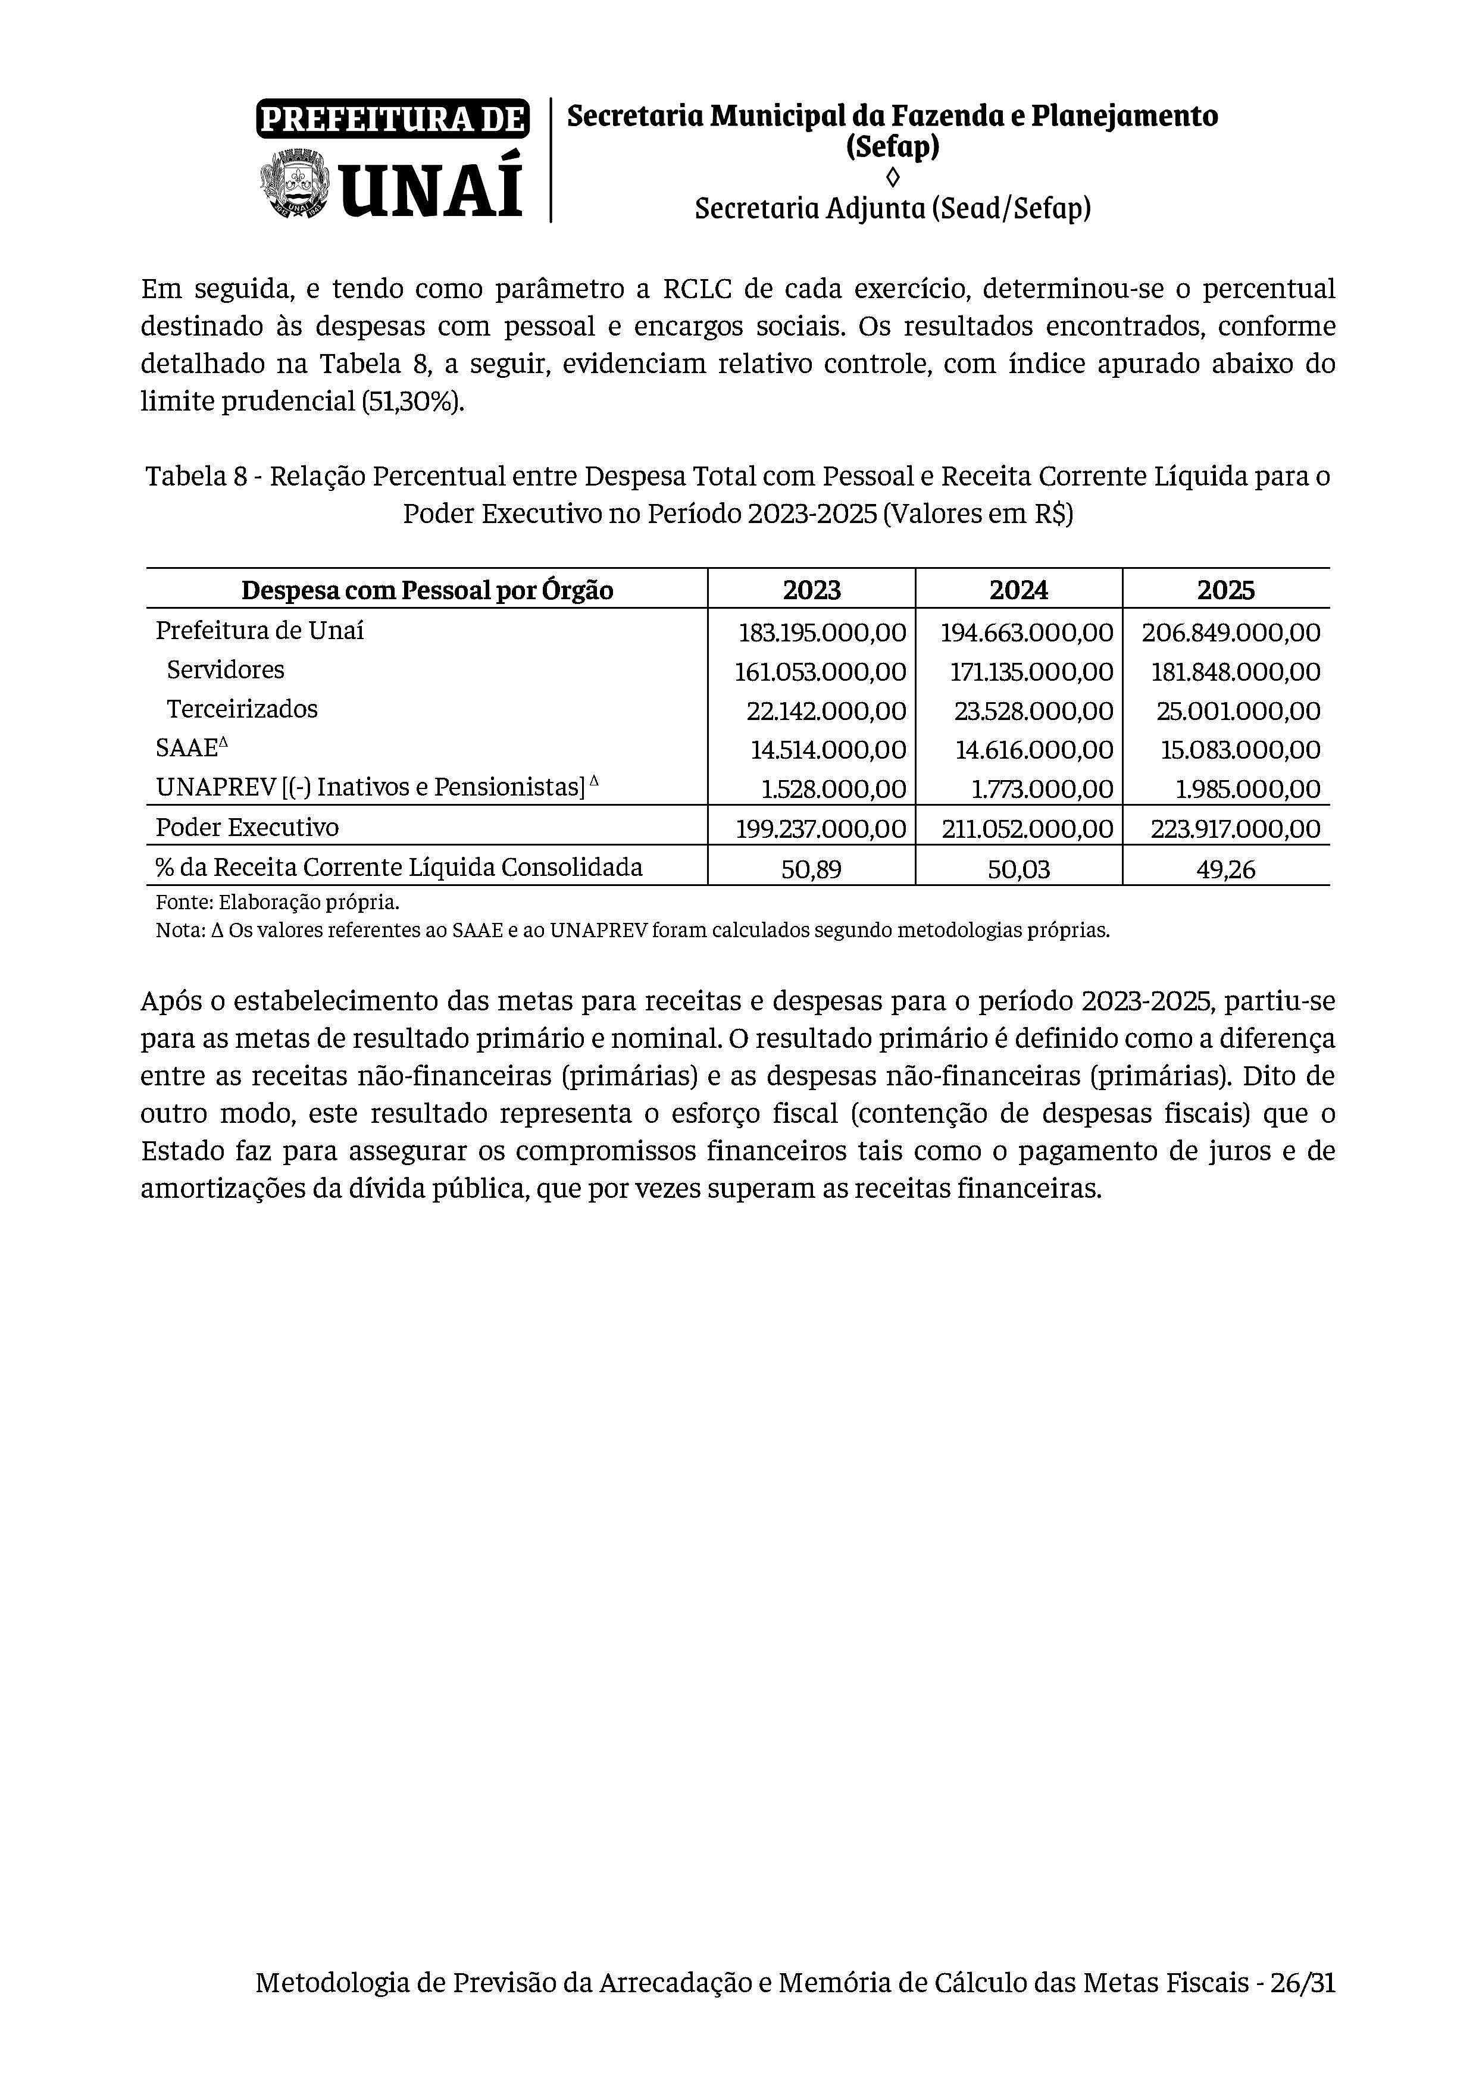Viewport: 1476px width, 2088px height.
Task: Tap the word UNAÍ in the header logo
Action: pyautogui.click(x=433, y=186)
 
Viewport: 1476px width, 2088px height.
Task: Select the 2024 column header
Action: pyautogui.click(x=1018, y=590)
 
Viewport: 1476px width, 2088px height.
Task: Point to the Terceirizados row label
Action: pyautogui.click(x=242, y=709)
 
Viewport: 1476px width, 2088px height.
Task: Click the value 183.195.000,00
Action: pyautogui.click(x=822, y=632)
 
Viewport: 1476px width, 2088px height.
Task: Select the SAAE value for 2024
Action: pyautogui.click(x=1033, y=750)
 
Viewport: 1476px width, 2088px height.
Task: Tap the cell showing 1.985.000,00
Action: pyautogui.click(x=1247, y=790)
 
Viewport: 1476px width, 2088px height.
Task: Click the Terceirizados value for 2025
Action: pyautogui.click(x=1238, y=711)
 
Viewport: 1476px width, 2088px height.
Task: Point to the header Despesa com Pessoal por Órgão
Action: pyautogui.click(x=427, y=591)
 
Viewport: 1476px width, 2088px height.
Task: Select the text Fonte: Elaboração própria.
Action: pyautogui.click(x=277, y=903)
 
